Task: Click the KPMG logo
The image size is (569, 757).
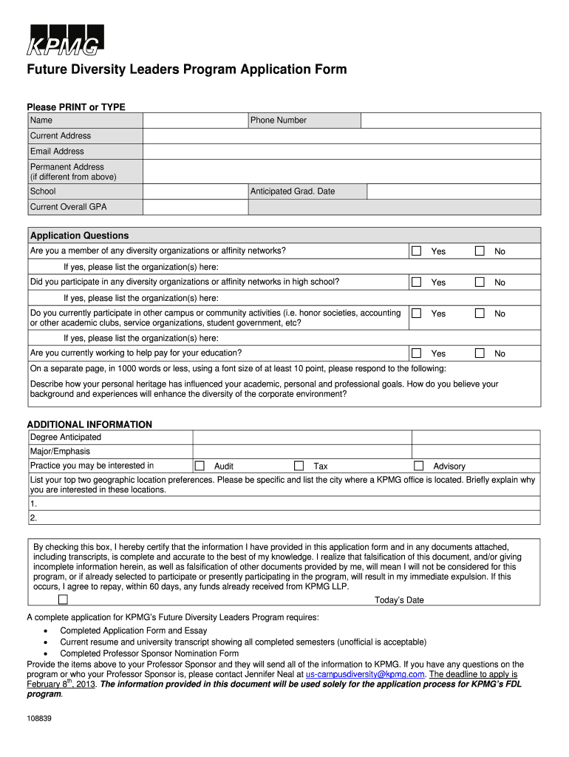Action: click(x=65, y=41)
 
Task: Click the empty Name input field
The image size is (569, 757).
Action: click(x=195, y=120)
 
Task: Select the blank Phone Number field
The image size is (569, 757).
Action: click(x=451, y=120)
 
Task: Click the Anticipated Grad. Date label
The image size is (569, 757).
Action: click(x=293, y=191)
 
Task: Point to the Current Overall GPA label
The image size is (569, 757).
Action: click(x=68, y=207)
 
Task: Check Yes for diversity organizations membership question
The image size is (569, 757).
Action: click(x=417, y=251)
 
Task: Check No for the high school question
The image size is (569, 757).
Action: click(x=480, y=282)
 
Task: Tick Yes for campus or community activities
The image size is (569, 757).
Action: click(x=417, y=313)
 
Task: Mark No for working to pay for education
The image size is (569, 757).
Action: click(x=480, y=353)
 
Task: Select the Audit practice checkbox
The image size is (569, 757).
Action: click(x=200, y=466)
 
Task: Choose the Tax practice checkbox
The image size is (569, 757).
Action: click(x=299, y=466)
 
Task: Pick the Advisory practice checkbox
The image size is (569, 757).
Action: click(x=418, y=466)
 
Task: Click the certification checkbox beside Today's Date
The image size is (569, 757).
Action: click(x=63, y=600)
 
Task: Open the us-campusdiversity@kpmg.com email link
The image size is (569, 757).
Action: click(x=365, y=674)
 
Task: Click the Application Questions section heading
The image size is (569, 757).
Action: click(x=79, y=236)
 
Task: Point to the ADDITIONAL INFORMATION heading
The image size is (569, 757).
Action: click(x=89, y=424)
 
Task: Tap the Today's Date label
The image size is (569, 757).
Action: click(x=399, y=600)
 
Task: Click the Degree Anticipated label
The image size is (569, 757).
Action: click(x=66, y=437)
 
